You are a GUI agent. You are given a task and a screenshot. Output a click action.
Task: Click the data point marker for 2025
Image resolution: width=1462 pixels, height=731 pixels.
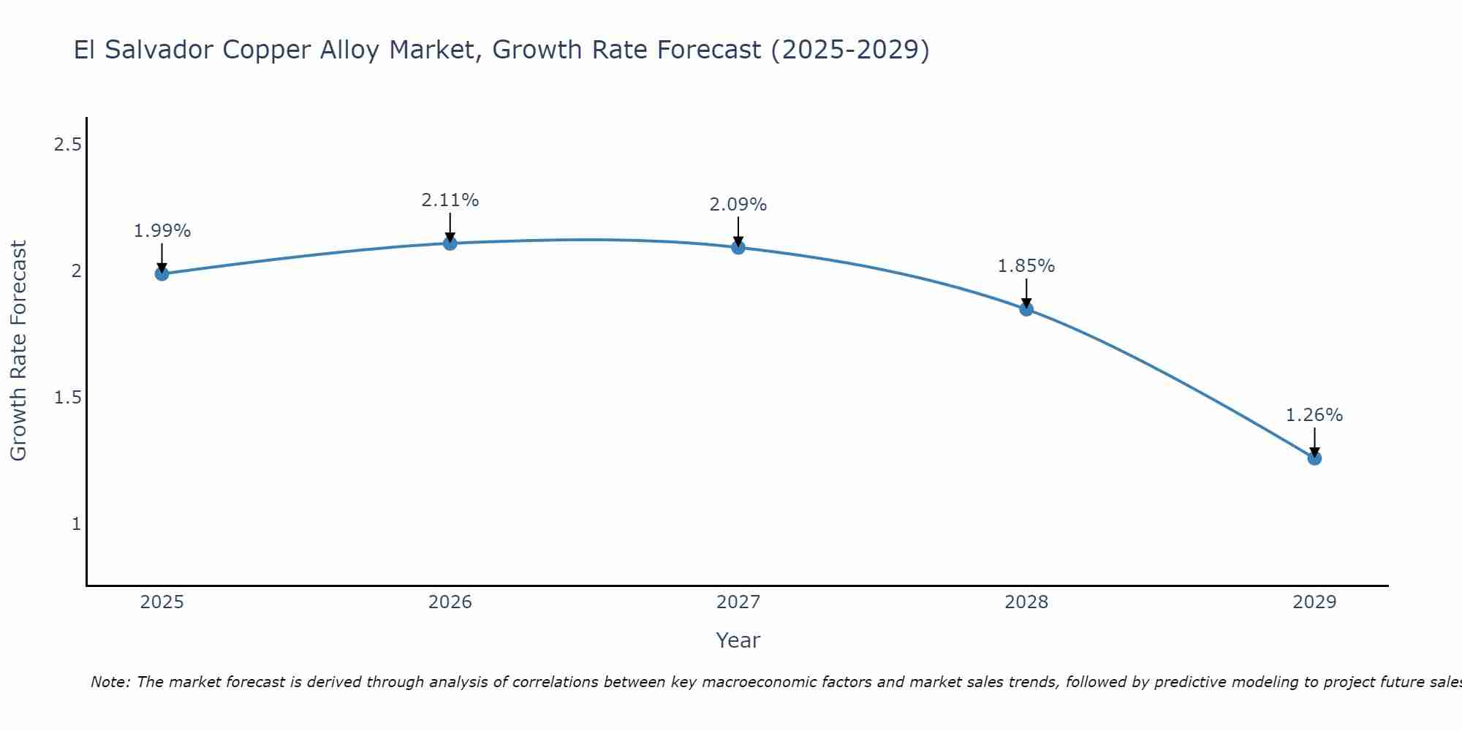point(162,274)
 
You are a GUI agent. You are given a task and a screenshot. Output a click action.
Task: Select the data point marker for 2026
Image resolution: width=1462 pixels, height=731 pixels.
point(450,243)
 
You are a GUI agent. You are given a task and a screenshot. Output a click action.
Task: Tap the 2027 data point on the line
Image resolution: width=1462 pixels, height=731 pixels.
point(738,248)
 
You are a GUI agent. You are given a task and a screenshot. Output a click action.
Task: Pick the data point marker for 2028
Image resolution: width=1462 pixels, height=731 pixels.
point(1026,309)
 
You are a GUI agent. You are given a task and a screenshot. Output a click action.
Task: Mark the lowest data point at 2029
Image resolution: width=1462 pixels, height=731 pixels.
point(1314,458)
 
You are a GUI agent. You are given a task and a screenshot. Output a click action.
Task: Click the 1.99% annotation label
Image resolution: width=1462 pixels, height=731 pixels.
point(162,231)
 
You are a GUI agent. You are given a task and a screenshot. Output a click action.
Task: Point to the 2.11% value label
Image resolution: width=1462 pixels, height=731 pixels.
point(450,200)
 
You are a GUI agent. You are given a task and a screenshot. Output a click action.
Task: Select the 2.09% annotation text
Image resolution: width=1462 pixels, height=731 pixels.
point(738,205)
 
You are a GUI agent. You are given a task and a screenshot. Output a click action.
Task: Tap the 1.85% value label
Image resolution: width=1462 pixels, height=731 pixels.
point(1026,266)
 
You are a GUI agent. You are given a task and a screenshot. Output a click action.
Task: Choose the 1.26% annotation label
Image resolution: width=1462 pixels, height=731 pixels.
point(1314,415)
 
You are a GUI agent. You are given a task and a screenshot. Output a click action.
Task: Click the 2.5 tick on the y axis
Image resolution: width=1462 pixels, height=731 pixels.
point(67,145)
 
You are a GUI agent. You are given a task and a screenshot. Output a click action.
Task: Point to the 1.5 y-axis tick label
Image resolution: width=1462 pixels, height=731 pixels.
point(67,398)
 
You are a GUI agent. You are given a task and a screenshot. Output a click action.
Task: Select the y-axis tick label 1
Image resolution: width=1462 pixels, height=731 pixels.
point(76,524)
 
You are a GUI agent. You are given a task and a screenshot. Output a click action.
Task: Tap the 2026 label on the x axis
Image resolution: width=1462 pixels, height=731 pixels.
point(450,602)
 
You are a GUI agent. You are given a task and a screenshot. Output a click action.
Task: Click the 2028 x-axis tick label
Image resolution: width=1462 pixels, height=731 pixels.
point(1026,602)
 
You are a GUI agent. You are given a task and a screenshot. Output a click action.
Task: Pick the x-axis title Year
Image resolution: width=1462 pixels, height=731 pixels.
point(738,640)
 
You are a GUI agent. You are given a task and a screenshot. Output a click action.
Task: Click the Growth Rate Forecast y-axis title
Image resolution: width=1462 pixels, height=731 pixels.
point(18,351)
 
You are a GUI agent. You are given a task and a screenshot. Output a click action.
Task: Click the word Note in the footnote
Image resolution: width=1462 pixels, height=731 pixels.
point(110,682)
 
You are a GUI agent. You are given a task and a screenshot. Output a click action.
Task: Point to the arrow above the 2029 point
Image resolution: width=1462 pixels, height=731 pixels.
point(1314,442)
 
